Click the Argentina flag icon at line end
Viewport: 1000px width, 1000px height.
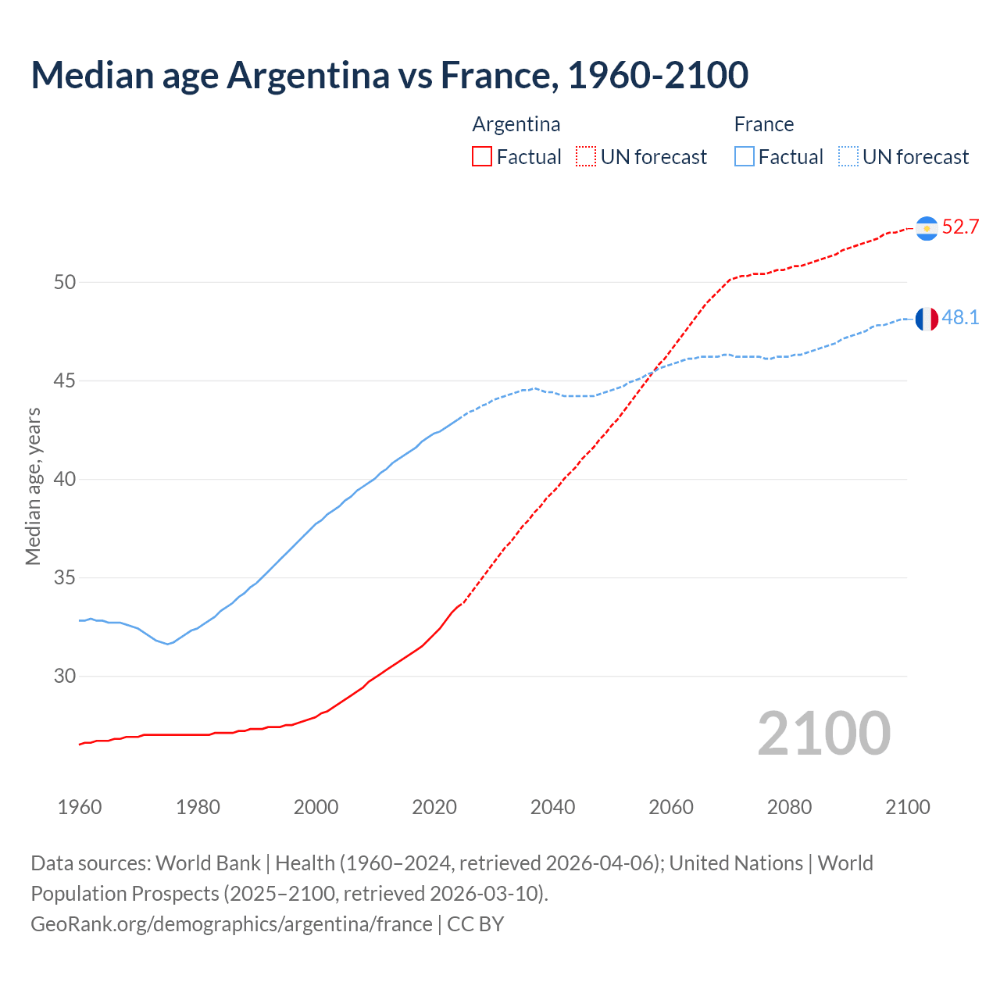[x=927, y=228]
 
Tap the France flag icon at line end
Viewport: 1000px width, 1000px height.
[x=927, y=319]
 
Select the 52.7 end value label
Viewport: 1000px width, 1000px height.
[x=960, y=227]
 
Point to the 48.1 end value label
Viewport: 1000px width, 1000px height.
[x=960, y=318]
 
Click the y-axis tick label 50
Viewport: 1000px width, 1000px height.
[x=65, y=282]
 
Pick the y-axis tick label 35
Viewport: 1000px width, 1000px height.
[x=65, y=578]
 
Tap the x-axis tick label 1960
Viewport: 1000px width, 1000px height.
[x=80, y=807]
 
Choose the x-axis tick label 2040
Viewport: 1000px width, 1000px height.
[x=552, y=807]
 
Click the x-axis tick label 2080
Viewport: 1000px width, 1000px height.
[x=789, y=807]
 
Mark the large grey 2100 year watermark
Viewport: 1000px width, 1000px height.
[x=823, y=733]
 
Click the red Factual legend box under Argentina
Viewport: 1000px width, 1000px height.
[x=482, y=157]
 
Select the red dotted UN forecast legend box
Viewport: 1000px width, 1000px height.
[x=586, y=157]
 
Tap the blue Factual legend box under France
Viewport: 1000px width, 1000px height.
[x=745, y=157]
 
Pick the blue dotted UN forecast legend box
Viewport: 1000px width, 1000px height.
[x=848, y=157]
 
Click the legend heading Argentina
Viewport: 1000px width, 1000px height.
[x=516, y=124]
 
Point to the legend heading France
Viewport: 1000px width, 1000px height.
[x=763, y=124]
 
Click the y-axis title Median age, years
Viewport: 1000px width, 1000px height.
[x=33, y=486]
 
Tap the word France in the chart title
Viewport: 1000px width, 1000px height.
[x=498, y=75]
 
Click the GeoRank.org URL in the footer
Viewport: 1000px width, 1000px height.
[x=231, y=924]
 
